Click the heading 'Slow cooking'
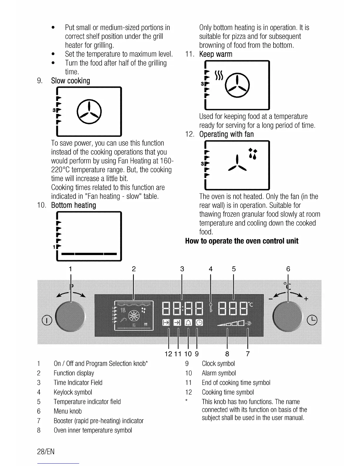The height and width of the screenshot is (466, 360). tap(71, 81)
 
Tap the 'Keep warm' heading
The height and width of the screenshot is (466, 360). tap(216, 54)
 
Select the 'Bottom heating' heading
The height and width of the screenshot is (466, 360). tap(74, 205)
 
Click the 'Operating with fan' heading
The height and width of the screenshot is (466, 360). tap(226, 134)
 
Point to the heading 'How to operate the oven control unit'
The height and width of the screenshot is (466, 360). tap(242, 241)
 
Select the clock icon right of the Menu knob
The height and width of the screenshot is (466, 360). tap(312, 320)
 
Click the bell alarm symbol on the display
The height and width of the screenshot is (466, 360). tap(188, 323)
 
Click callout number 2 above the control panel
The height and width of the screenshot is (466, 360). tap(134, 269)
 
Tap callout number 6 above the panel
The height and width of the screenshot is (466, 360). tap(288, 269)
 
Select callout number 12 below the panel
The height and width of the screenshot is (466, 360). tap(169, 354)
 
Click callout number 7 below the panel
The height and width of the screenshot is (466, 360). tap(248, 354)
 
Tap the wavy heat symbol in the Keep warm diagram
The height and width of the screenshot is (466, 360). tap(219, 76)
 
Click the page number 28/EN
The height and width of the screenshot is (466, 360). tap(46, 452)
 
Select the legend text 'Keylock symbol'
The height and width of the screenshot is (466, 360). tap(73, 392)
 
